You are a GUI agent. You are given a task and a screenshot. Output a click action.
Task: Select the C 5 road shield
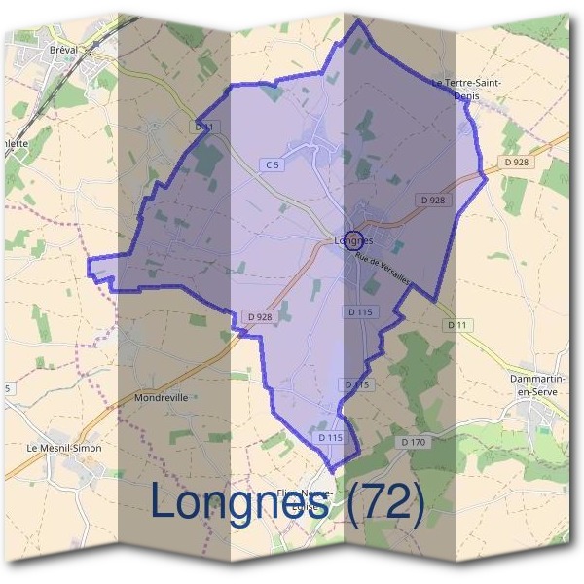click(274, 165)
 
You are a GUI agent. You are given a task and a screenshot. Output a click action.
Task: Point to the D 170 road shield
click(414, 442)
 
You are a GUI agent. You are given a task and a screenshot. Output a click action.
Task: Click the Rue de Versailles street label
click(383, 268)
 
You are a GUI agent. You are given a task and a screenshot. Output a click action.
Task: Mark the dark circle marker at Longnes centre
click(354, 239)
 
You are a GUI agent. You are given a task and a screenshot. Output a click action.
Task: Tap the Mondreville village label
click(162, 397)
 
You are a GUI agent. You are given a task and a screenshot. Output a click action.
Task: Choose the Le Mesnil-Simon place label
click(64, 448)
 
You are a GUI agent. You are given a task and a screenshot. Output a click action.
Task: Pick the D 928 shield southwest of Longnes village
click(259, 316)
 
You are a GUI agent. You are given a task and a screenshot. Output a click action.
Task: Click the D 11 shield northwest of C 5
click(203, 127)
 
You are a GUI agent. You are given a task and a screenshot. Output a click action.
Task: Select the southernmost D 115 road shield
click(331, 438)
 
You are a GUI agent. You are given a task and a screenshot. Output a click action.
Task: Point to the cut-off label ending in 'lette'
click(14, 142)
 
